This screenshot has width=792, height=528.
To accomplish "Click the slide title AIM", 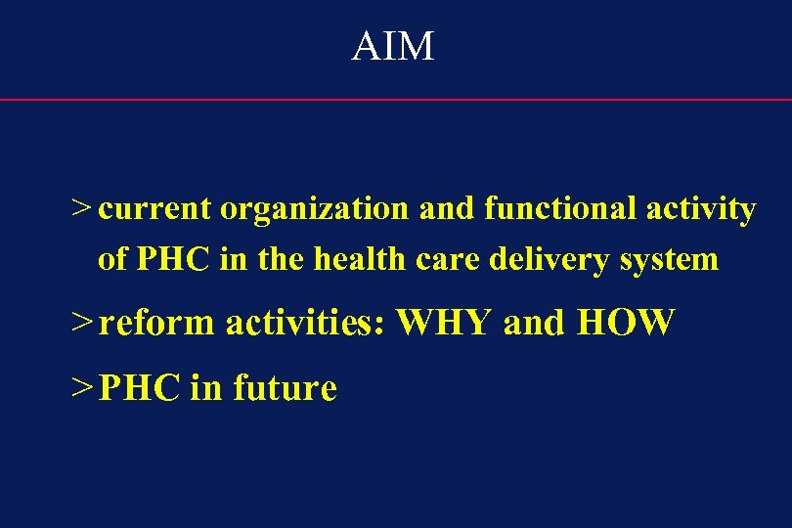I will pyautogui.click(x=393, y=46).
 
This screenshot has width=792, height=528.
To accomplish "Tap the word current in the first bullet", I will pyautogui.click(x=154, y=208).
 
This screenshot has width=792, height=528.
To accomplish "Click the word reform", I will pyautogui.click(x=156, y=322).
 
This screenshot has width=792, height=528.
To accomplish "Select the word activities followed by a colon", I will pyautogui.click(x=308, y=322).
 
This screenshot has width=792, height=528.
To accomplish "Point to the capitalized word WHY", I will pyautogui.click(x=445, y=322).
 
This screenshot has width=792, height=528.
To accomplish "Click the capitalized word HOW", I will pyautogui.click(x=626, y=322).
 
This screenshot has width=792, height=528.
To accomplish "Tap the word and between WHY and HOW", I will pyautogui.click(x=534, y=322).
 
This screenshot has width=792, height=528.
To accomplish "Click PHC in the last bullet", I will pyautogui.click(x=140, y=388).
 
